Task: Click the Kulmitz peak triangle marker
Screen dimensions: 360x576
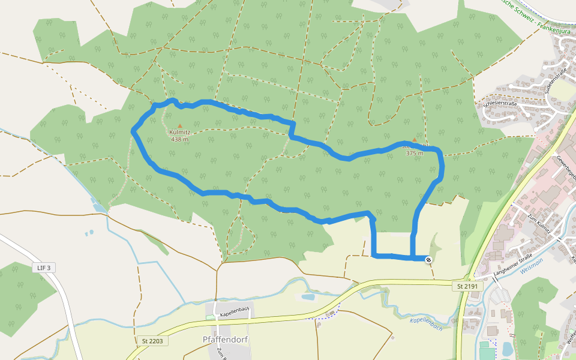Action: click(x=179, y=125)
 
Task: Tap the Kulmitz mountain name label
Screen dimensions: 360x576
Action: click(x=179, y=133)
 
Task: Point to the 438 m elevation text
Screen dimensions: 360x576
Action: click(x=179, y=140)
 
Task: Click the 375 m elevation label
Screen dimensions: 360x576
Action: click(x=415, y=153)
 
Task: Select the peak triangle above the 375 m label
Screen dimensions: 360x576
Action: click(x=414, y=140)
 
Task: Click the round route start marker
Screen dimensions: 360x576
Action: click(x=428, y=259)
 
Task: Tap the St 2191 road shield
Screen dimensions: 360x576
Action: click(x=467, y=286)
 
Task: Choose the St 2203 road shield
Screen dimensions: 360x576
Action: click(x=152, y=341)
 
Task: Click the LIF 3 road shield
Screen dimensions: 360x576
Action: click(x=44, y=267)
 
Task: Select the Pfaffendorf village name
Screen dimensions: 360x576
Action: click(x=225, y=340)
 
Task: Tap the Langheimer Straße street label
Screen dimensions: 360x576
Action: click(x=512, y=265)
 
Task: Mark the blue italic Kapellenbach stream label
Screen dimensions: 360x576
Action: click(x=426, y=324)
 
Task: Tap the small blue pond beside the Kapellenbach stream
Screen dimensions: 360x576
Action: click(x=308, y=296)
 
